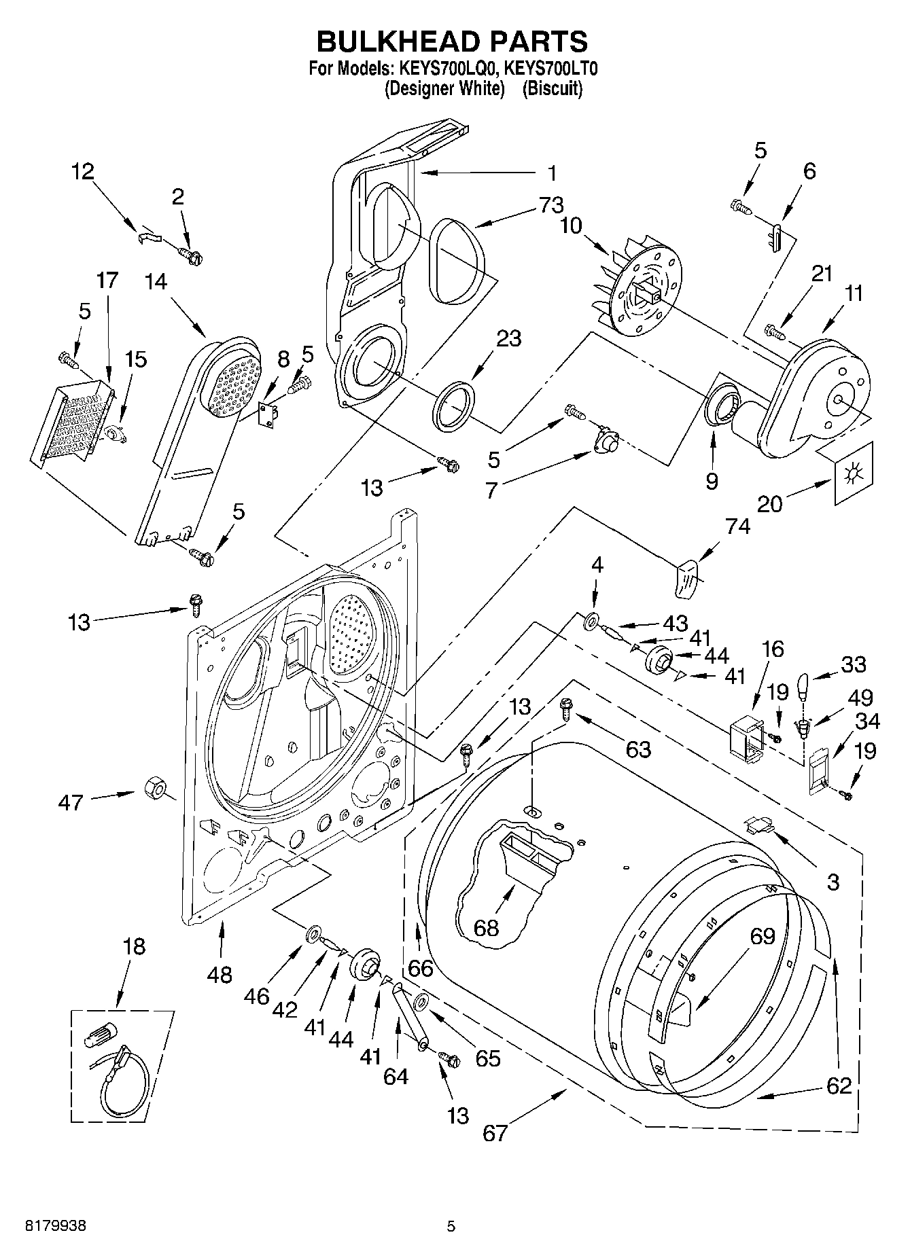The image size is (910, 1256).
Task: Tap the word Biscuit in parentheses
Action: tap(552, 89)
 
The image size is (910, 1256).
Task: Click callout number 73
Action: tap(551, 204)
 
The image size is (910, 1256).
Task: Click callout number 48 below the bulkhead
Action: tap(220, 975)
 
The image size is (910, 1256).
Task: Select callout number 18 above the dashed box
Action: tap(134, 946)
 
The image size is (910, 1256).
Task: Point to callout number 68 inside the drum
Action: tap(486, 927)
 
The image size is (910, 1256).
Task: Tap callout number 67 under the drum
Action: tap(495, 1132)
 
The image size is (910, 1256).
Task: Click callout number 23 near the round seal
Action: tap(508, 338)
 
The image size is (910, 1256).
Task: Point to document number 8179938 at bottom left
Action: tap(56, 1226)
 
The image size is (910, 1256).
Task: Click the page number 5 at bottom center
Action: tap(451, 1226)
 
